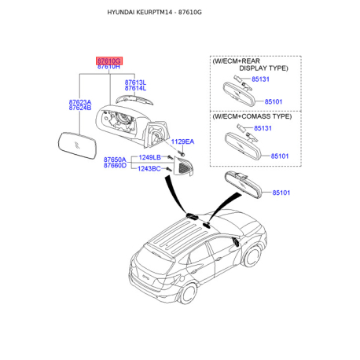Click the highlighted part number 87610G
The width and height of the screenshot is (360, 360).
108,60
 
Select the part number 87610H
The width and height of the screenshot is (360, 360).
108,68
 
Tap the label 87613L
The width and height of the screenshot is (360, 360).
135,82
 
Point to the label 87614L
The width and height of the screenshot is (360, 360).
135,89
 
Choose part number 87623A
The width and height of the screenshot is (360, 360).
79,102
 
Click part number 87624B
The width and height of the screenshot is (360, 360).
79,108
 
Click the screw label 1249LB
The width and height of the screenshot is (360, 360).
150,158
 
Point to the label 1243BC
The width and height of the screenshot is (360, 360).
150,168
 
